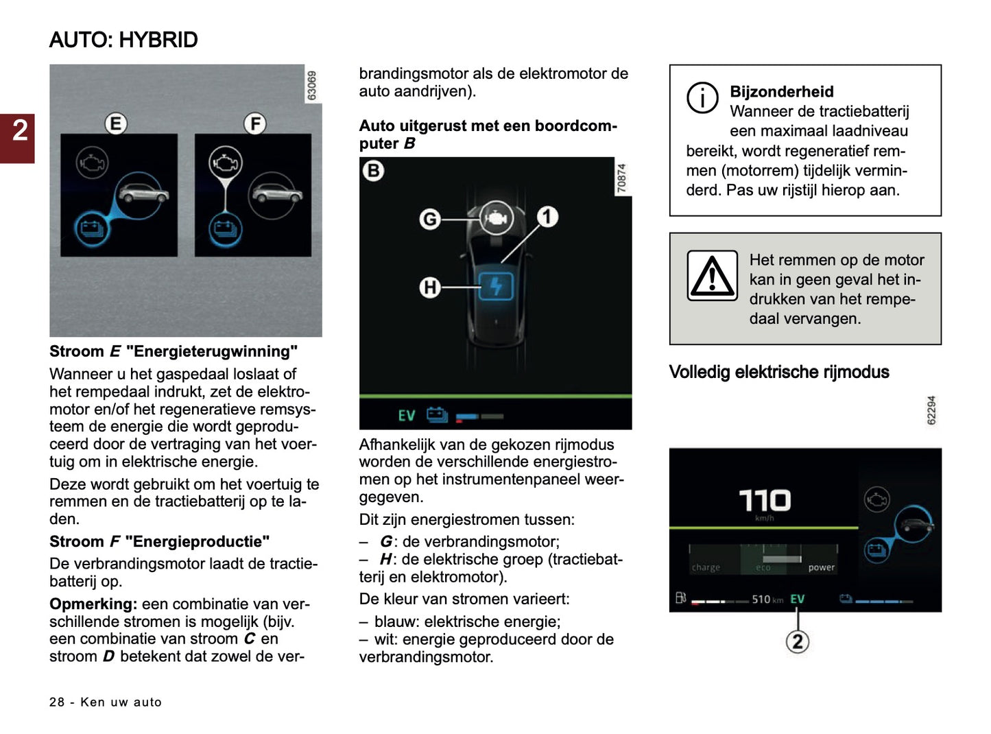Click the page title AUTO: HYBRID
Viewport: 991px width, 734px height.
123,40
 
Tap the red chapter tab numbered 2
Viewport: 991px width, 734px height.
19,131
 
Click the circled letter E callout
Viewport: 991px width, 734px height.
115,123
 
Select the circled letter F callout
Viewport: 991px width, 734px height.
254,123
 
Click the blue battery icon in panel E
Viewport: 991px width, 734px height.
91,227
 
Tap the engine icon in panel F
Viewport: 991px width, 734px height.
225,163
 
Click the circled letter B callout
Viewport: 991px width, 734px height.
373,170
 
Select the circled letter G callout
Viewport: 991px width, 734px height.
429,219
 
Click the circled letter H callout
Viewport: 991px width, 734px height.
429,287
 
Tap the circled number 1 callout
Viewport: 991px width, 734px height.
547,217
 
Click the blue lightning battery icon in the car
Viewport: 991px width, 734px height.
495,286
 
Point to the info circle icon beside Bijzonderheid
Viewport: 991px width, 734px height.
702,97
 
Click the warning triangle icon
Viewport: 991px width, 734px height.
713,276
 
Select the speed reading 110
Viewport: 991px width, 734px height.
764,500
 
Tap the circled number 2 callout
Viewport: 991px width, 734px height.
797,641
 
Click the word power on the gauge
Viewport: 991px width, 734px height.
821,567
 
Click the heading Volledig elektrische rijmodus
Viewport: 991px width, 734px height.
778,372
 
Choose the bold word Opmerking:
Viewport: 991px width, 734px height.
93,604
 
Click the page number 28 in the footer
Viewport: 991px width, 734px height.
56,702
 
